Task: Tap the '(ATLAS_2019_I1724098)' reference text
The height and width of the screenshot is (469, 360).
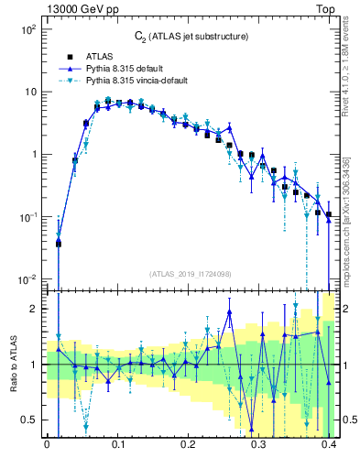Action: coord(190,273)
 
